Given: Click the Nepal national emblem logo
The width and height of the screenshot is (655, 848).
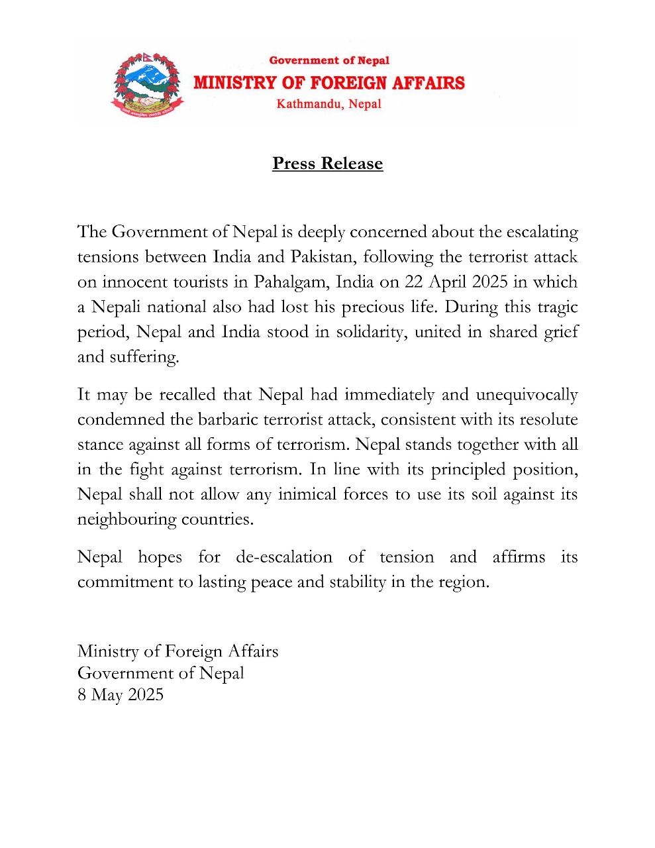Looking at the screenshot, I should (x=146, y=84).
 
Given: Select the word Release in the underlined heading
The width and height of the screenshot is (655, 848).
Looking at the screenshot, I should (x=352, y=164).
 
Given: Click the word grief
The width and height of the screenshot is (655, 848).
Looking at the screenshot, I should (x=561, y=332).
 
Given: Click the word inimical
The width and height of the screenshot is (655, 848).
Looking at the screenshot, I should (x=307, y=495).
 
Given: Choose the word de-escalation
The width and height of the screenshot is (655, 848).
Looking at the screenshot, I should (x=284, y=557).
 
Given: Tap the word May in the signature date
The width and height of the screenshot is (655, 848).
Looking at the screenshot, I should (x=107, y=695).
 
